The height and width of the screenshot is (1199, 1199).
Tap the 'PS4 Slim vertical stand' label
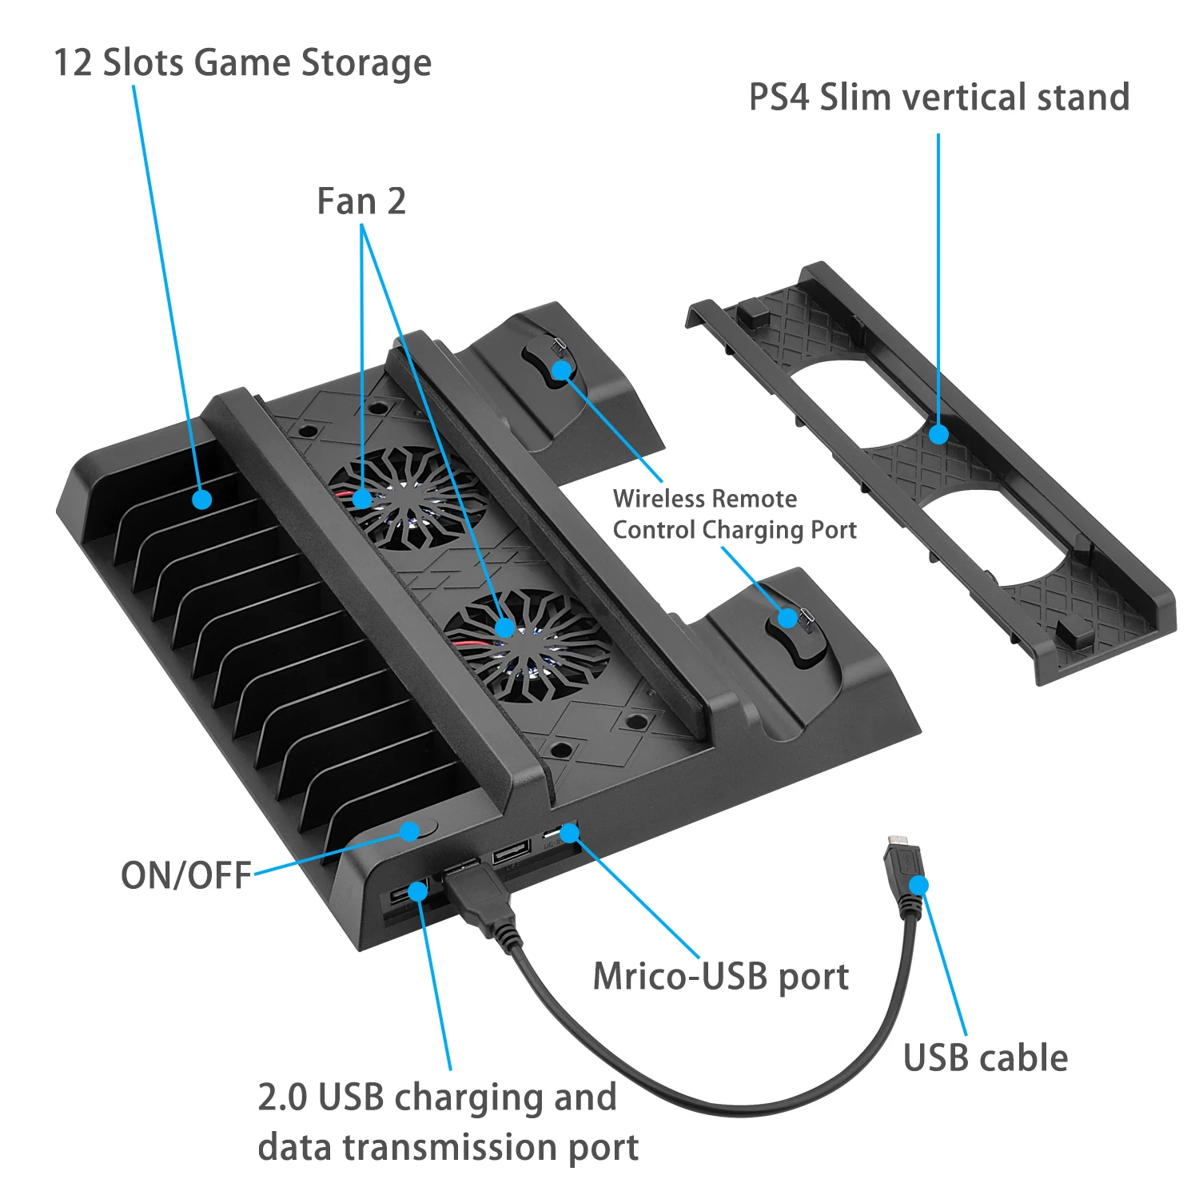(938, 98)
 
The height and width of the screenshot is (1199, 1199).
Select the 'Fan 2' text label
(361, 201)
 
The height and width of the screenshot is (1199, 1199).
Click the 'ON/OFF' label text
(186, 875)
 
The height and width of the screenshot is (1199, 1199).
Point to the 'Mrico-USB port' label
(720, 977)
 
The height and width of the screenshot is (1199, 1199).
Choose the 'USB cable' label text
(985, 1058)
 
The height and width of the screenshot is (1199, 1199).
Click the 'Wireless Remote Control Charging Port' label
(734, 514)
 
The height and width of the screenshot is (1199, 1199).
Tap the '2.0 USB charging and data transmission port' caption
(448, 1121)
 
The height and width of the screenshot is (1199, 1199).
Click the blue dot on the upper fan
(362, 499)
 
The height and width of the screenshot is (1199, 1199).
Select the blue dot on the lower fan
(504, 627)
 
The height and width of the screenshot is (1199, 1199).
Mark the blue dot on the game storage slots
(202, 499)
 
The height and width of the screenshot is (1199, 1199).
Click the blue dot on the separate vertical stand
(938, 434)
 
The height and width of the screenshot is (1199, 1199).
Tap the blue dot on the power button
(409, 831)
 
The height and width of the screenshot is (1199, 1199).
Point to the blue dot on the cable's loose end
(919, 885)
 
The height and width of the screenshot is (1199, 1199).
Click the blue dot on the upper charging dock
(562, 369)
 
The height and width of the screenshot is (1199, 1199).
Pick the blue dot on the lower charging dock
(787, 618)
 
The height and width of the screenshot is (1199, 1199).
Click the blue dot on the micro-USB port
(569, 834)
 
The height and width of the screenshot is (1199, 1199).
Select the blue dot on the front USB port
(417, 890)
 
